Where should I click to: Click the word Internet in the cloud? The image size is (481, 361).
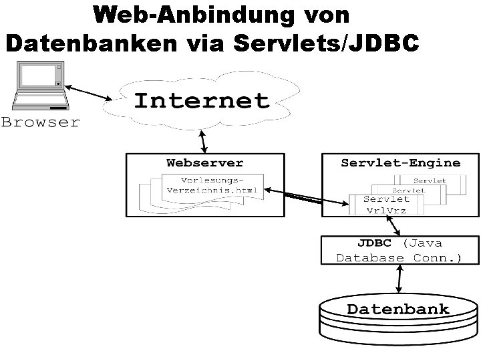click(202, 100)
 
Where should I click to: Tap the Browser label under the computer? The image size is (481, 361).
click(40, 122)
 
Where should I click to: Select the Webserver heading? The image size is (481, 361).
click(205, 162)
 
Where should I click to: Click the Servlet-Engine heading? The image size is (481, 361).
click(400, 162)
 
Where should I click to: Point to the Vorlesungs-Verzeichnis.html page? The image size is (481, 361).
click(212, 185)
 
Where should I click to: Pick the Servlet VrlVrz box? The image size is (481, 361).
click(387, 204)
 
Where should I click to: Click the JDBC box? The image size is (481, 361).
click(399, 249)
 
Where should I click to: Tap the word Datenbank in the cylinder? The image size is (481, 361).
click(398, 309)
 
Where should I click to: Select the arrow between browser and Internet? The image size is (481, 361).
click(90, 93)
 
